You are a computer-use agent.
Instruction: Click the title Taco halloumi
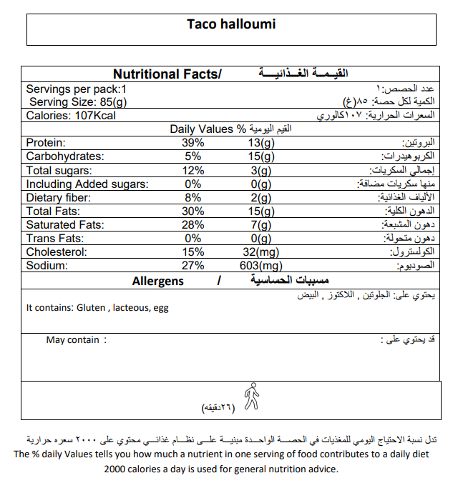[x=230, y=24]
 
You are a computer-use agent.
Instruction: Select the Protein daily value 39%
[x=193, y=143]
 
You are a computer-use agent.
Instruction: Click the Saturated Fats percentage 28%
[x=193, y=225]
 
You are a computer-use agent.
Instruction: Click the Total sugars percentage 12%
[x=193, y=170]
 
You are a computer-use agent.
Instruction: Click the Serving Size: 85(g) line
[x=78, y=102]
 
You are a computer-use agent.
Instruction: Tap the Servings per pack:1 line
[x=76, y=89]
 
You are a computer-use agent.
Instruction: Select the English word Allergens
[x=158, y=281]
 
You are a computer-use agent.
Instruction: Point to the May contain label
[x=72, y=340]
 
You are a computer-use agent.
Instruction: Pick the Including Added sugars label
[x=87, y=184]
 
